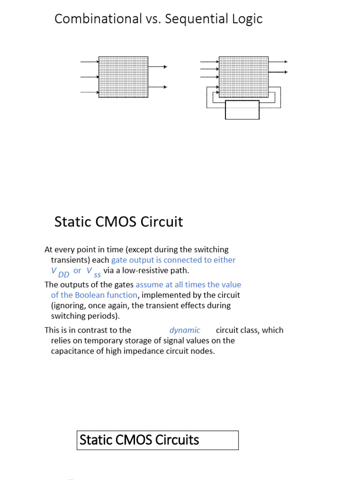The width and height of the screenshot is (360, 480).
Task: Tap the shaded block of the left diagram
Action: (123, 77)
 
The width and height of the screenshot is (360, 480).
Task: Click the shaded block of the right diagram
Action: (243, 77)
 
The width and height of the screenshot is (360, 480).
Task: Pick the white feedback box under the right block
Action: (242, 110)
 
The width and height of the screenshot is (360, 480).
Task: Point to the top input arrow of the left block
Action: (90, 62)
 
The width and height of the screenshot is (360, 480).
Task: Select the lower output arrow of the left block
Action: (157, 87)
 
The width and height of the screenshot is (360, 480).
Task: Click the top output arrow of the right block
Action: (278, 62)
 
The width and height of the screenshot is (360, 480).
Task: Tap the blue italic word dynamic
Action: (185, 330)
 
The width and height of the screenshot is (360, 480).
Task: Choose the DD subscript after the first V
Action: (64, 275)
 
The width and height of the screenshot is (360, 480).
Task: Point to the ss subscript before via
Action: (97, 275)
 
